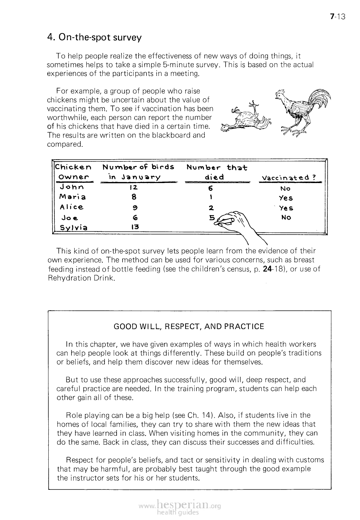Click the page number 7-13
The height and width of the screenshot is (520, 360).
337,16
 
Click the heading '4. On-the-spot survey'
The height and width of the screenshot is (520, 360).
94,37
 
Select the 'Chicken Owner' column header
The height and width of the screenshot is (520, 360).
73,172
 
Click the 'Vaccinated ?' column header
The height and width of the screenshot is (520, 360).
289,178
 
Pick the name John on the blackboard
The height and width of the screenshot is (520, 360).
72,187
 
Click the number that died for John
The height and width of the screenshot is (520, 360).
210,188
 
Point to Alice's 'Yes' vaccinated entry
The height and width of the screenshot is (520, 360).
286,208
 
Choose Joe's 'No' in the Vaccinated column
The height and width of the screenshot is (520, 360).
286,218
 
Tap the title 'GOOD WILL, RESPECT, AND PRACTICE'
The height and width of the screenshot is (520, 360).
189,326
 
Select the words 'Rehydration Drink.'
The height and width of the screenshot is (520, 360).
82,278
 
